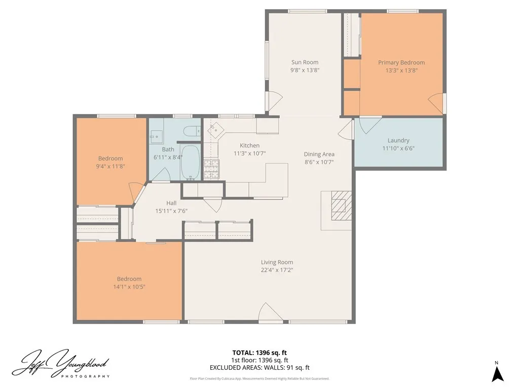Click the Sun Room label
pyautogui.click(x=305, y=62)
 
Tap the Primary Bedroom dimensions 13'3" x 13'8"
pyautogui.click(x=401, y=71)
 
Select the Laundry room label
pyautogui.click(x=398, y=140)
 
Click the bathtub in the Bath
pyautogui.click(x=191, y=162)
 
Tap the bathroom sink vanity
pyautogui.click(x=156, y=136)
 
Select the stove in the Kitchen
pyautogui.click(x=210, y=168)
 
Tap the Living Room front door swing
pyautogui.click(x=269, y=313)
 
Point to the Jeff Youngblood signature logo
pyautogui.click(x=61, y=364)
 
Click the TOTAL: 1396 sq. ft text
pyautogui.click(x=259, y=353)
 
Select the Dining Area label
pyautogui.click(x=319, y=154)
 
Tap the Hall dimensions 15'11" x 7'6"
pyautogui.click(x=171, y=211)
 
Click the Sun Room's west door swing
pyautogui.click(x=273, y=101)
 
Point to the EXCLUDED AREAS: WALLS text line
pyautogui.click(x=259, y=368)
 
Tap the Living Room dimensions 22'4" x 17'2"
pyautogui.click(x=277, y=270)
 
